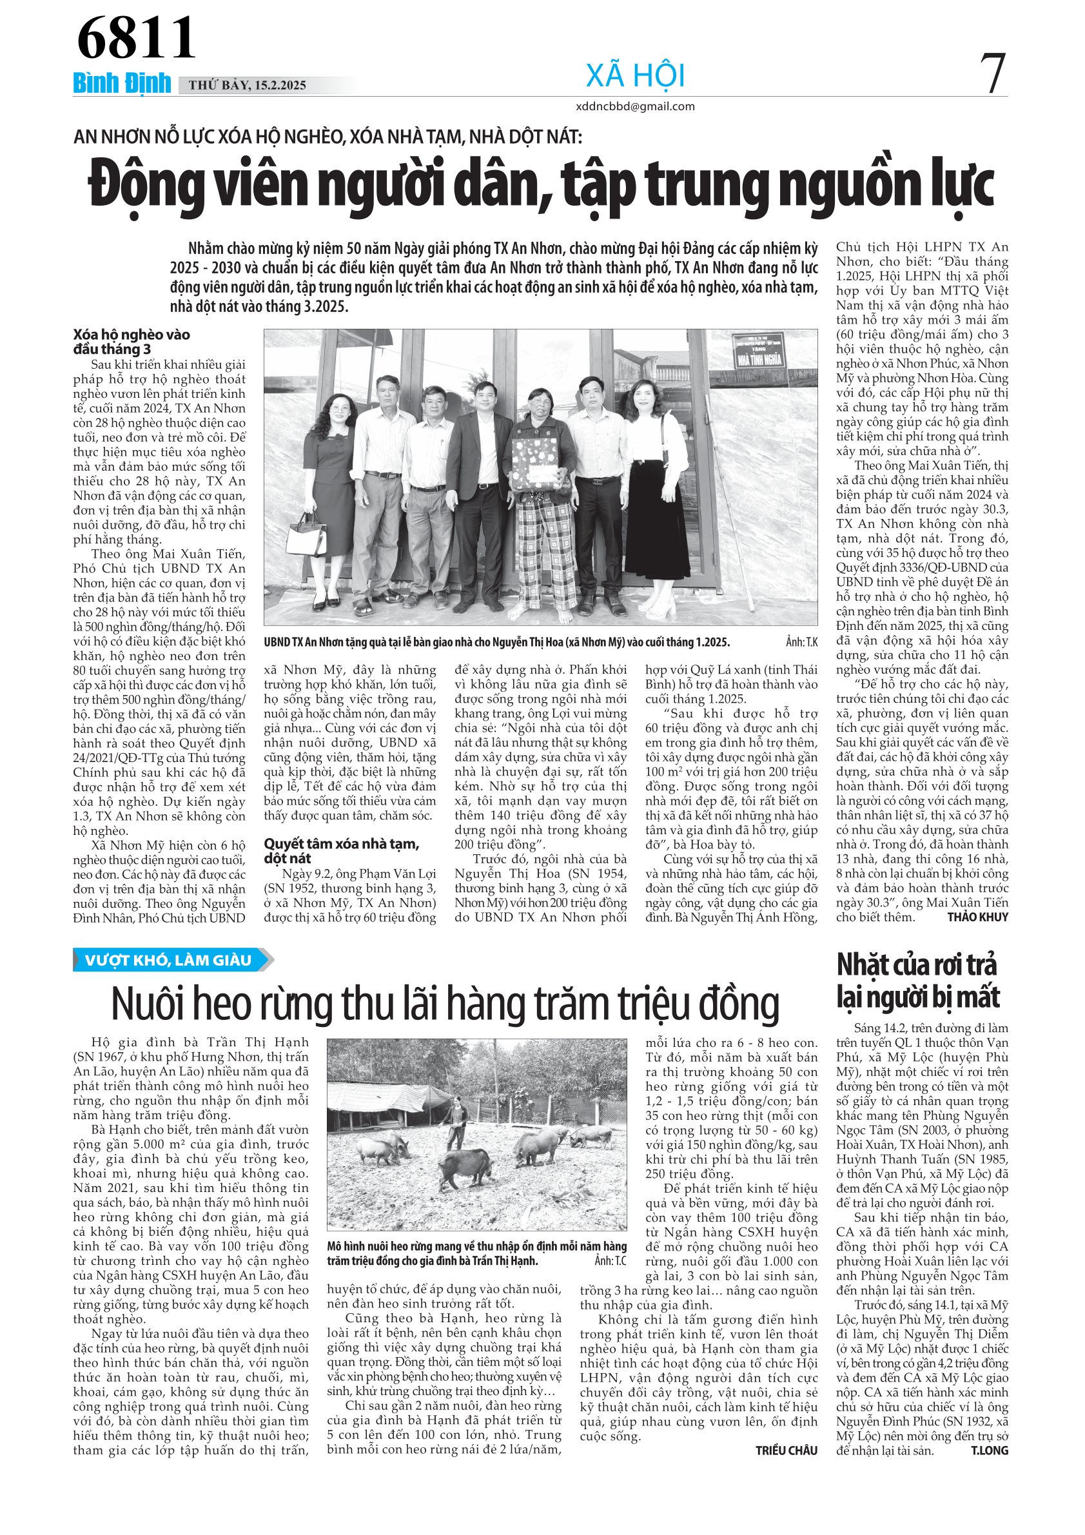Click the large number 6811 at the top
click(137, 38)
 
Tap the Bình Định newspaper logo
click(122, 84)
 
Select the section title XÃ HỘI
click(635, 75)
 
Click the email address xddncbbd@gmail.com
click(635, 106)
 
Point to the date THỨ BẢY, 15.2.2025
click(248, 85)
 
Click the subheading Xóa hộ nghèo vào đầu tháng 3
click(132, 342)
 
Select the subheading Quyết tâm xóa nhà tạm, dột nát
click(341, 850)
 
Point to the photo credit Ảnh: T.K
click(801, 643)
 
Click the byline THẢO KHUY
click(977, 917)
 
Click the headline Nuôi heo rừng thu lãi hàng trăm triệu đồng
click(445, 1005)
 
